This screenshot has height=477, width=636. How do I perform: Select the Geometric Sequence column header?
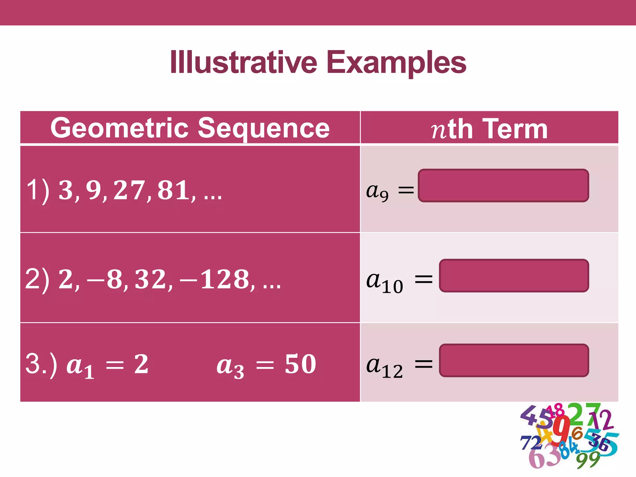(190, 128)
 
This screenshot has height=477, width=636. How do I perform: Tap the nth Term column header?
(489, 129)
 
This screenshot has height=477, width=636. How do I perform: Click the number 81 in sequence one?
(174, 190)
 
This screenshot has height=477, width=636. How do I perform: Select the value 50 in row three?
(300, 364)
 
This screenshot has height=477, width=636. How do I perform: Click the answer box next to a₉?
(503, 186)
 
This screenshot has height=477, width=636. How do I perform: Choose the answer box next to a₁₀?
(514, 275)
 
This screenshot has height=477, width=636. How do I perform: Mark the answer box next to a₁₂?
(514, 360)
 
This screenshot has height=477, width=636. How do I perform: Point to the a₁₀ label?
(384, 282)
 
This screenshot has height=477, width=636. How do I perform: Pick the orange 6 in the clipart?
(577, 433)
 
